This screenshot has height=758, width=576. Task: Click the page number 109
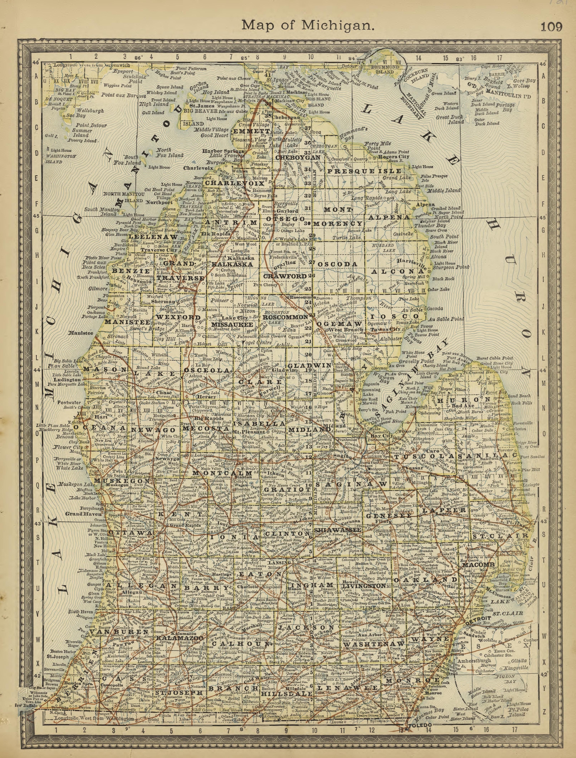tap(551, 27)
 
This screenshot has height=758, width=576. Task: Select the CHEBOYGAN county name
tap(298, 157)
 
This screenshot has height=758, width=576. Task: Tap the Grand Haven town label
tap(79, 514)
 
